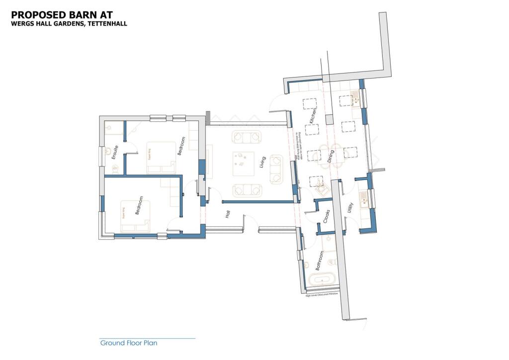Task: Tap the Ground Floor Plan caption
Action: coord(129,343)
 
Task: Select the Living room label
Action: coord(262,163)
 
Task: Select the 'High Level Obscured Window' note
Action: coord(321,295)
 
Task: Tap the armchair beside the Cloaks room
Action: coord(321,189)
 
